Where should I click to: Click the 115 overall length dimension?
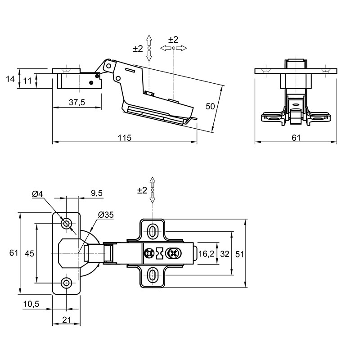click(125, 138)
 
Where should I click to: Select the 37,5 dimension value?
click(77, 103)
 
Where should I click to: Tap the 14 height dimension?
click(10, 79)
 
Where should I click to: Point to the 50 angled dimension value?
click(210, 106)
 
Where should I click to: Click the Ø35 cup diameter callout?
click(106, 215)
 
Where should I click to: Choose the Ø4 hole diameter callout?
click(37, 194)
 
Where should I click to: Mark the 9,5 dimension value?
click(97, 193)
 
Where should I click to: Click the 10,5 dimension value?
click(31, 304)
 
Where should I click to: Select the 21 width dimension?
click(67, 319)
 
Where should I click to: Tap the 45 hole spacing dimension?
click(29, 253)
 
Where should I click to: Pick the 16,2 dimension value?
click(206, 254)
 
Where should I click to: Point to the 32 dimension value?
click(225, 254)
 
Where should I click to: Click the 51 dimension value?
click(239, 254)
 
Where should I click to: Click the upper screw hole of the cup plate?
click(66, 223)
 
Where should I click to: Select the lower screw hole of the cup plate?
click(66, 283)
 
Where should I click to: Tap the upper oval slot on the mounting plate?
click(152, 231)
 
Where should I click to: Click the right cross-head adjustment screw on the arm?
click(174, 253)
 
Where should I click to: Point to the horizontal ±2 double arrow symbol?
click(174, 48)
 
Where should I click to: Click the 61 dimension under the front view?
click(296, 138)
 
